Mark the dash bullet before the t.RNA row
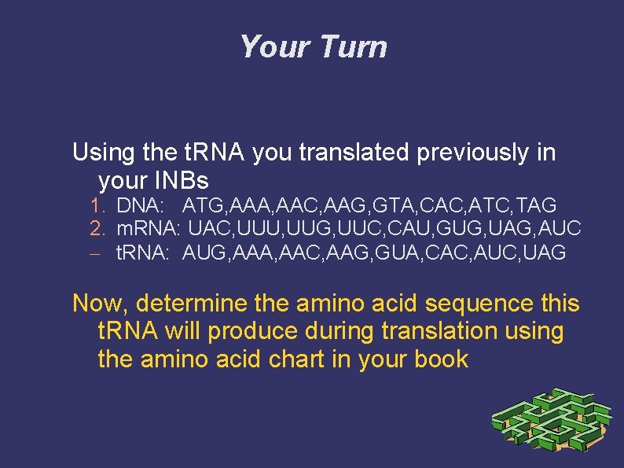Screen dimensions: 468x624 pyautogui.click(x=95, y=253)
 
